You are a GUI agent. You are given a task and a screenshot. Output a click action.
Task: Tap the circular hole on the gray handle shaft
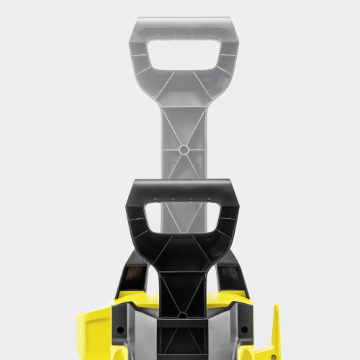pyautogui.click(x=184, y=150)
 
